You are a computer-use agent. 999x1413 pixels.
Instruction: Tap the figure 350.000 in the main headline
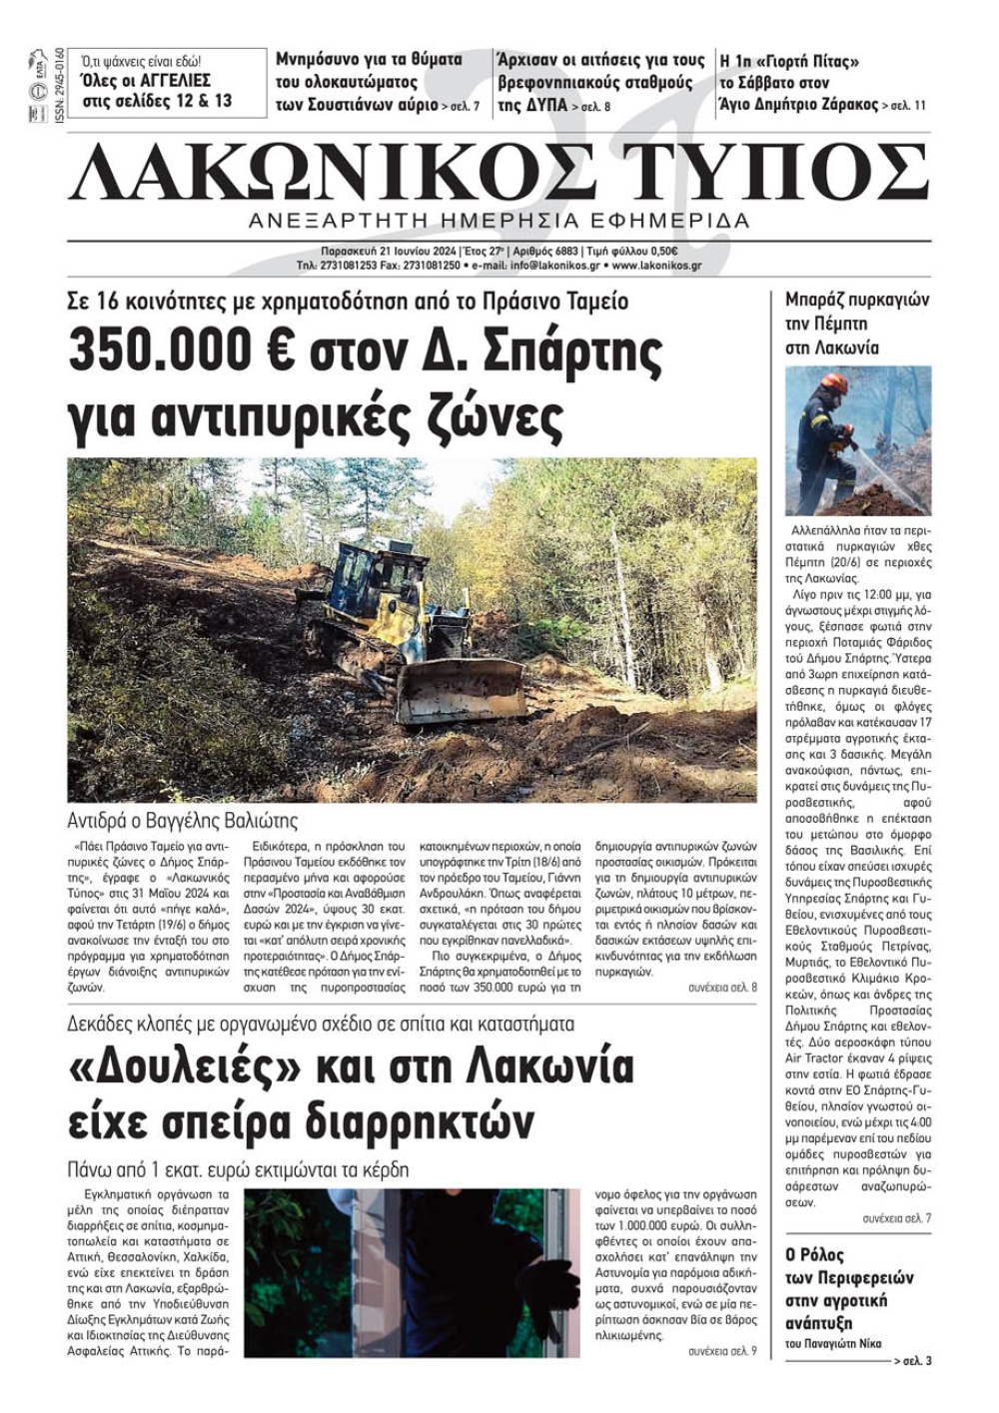[171, 352]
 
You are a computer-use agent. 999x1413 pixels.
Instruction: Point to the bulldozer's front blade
[461, 689]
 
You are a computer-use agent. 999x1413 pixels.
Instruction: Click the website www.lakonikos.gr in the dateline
[656, 267]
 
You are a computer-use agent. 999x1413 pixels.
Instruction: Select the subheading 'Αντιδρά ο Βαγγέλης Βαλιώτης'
[183, 822]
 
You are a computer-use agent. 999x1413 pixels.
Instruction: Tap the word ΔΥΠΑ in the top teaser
[547, 105]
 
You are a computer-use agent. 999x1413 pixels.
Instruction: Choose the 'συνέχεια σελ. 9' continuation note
[722, 1351]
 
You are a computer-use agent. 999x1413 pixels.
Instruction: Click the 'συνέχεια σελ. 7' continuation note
[896, 1219]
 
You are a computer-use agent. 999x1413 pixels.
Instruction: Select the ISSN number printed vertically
[59, 86]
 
